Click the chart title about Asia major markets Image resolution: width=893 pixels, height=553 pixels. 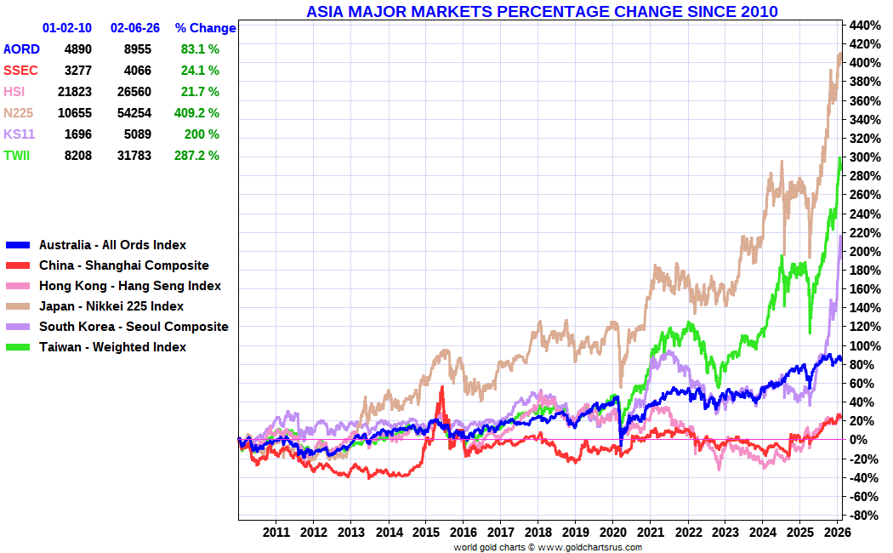(542, 11)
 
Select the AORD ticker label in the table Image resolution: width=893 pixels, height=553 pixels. (21, 49)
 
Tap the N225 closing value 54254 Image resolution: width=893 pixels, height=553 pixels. (131, 112)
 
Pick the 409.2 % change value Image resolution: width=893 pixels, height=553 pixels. (200, 112)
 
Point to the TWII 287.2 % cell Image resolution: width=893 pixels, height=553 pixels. (200, 155)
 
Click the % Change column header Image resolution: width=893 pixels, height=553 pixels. (205, 28)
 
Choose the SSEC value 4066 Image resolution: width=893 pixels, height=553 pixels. (137, 71)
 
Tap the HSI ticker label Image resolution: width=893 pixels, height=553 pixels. (14, 92)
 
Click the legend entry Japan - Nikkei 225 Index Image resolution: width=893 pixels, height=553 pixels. (111, 306)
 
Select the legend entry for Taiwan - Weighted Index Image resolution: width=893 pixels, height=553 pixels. (112, 347)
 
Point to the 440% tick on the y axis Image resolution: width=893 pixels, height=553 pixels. (862, 25)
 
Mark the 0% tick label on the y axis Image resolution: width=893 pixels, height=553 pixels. (858, 440)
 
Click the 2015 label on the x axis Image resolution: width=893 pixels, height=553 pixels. (425, 533)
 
